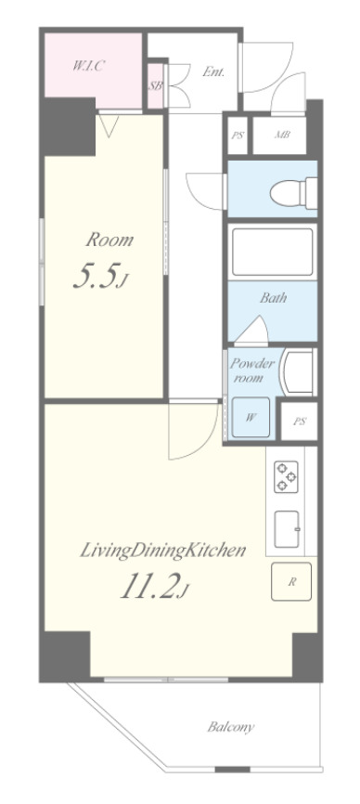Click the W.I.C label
(x=88, y=66)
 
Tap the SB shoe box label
(x=155, y=85)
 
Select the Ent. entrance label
(x=213, y=71)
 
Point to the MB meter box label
(x=283, y=136)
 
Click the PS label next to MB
(x=238, y=136)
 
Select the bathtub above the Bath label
(x=273, y=253)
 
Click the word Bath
(x=273, y=297)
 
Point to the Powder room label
(x=252, y=370)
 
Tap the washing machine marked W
(x=251, y=417)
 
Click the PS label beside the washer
(x=300, y=421)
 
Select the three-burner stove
(x=285, y=477)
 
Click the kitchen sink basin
(x=287, y=528)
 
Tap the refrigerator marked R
(x=290, y=581)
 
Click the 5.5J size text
(x=100, y=277)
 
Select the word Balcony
(x=230, y=727)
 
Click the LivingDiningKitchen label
(x=163, y=551)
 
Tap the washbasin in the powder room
(x=298, y=371)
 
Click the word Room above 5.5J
(x=109, y=240)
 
